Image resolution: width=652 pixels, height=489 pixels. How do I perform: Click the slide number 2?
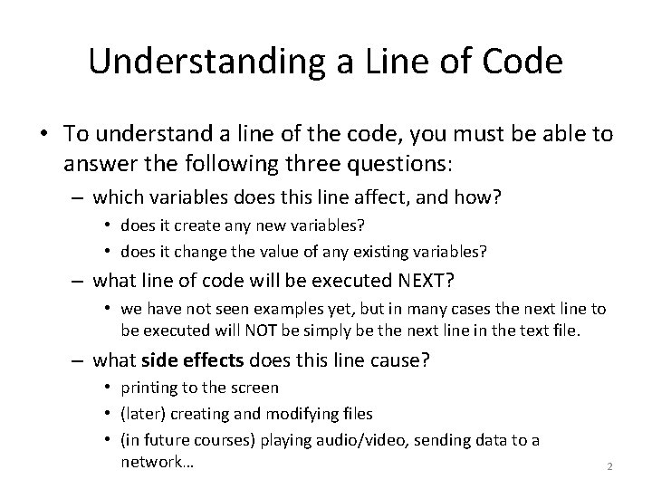point(609,466)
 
